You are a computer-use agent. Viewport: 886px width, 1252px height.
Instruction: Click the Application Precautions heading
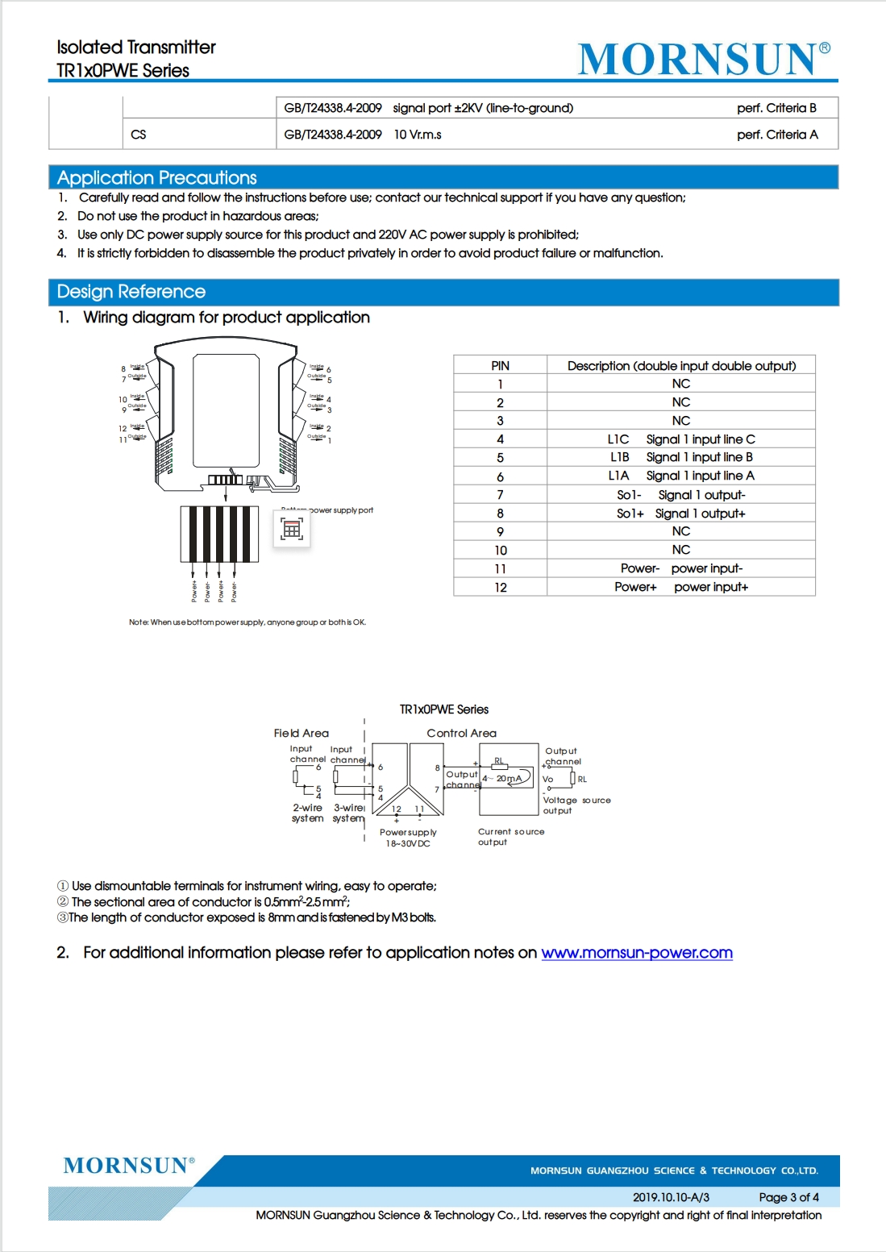[156, 177]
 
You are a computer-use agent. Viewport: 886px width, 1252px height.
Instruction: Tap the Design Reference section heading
[131, 291]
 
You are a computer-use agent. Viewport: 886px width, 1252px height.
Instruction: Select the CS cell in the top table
[139, 135]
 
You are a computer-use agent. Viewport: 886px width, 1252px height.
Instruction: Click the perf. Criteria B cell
[776, 108]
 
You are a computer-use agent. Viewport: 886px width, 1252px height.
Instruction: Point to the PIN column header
[500, 365]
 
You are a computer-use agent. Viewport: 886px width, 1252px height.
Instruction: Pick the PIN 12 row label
[500, 587]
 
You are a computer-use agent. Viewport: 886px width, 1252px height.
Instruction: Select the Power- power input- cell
[681, 568]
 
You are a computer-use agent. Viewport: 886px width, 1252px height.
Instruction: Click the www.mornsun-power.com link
[637, 953]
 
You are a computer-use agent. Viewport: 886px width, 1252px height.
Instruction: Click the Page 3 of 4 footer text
[788, 1197]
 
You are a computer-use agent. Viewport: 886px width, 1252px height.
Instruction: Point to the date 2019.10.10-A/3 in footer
[671, 1197]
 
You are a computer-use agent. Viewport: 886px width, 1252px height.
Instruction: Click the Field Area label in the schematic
[301, 733]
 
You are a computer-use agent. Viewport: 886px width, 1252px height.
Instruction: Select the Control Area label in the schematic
[461, 733]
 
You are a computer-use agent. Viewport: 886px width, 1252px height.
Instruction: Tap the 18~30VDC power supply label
[408, 843]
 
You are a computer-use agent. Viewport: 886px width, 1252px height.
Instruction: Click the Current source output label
[510, 837]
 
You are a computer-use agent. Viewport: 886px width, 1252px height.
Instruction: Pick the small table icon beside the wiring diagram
[292, 528]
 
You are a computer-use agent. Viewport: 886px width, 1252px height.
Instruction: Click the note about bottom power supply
[247, 622]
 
